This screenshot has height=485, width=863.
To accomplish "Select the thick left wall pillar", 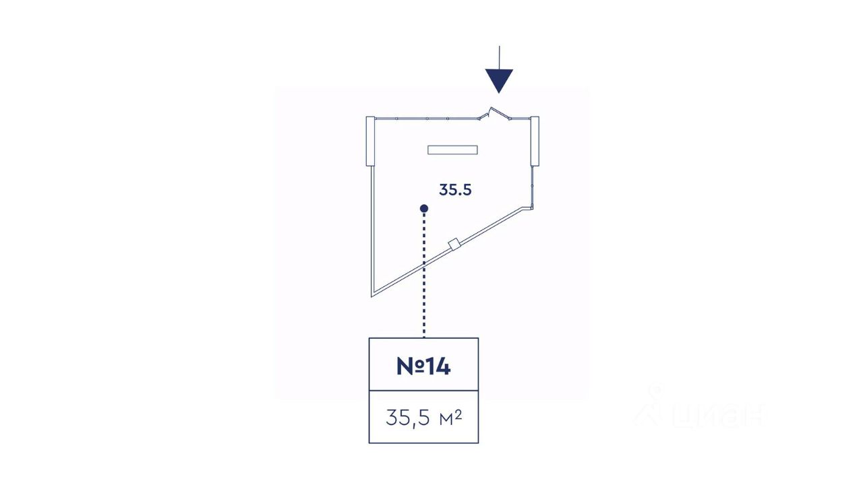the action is point(370,141).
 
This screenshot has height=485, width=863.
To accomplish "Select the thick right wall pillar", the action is point(535,141).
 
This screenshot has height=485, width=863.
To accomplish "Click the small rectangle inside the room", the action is point(452,150).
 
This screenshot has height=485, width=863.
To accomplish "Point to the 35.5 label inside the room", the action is point(455,190).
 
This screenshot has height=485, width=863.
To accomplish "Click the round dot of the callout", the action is point(424,208).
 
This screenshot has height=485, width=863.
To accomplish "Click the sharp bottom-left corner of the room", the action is point(372,294).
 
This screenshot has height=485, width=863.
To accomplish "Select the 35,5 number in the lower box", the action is point(408,418).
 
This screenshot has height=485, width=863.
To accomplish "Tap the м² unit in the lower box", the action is point(450,418).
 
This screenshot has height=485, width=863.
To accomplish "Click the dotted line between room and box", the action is point(424,283).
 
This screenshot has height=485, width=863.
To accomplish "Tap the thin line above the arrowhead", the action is point(499,57).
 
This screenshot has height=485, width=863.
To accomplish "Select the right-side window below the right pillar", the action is point(533,186).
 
